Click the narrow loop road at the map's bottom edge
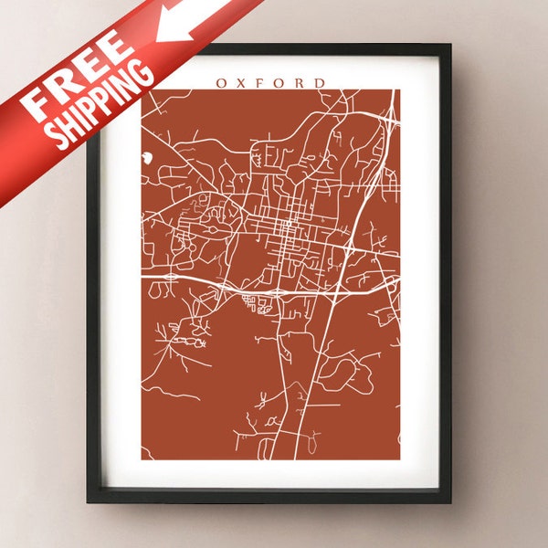tap(267, 448)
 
